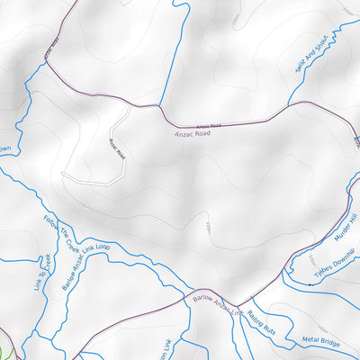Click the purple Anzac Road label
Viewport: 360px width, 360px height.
[x=194, y=131]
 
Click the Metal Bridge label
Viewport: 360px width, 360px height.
[x=322, y=340]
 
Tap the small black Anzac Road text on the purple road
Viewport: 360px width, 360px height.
[x=208, y=124]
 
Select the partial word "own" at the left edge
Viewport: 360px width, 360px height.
[x=4, y=149]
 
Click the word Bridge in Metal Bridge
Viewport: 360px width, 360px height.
[x=330, y=340]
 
